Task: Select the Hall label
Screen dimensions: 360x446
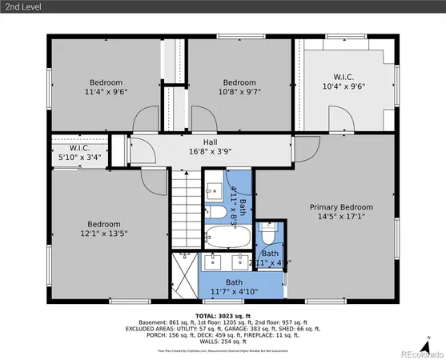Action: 209,142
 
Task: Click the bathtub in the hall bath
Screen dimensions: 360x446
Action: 221,237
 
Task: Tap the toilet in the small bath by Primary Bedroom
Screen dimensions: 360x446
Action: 269,237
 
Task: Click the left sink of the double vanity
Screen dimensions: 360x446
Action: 215,260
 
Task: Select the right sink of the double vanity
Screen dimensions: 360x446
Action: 240,260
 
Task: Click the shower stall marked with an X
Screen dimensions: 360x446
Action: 183,276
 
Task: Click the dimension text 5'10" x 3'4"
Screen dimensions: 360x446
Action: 79,158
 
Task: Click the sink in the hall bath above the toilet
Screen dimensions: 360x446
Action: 215,191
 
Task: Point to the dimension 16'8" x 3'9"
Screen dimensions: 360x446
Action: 209,152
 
